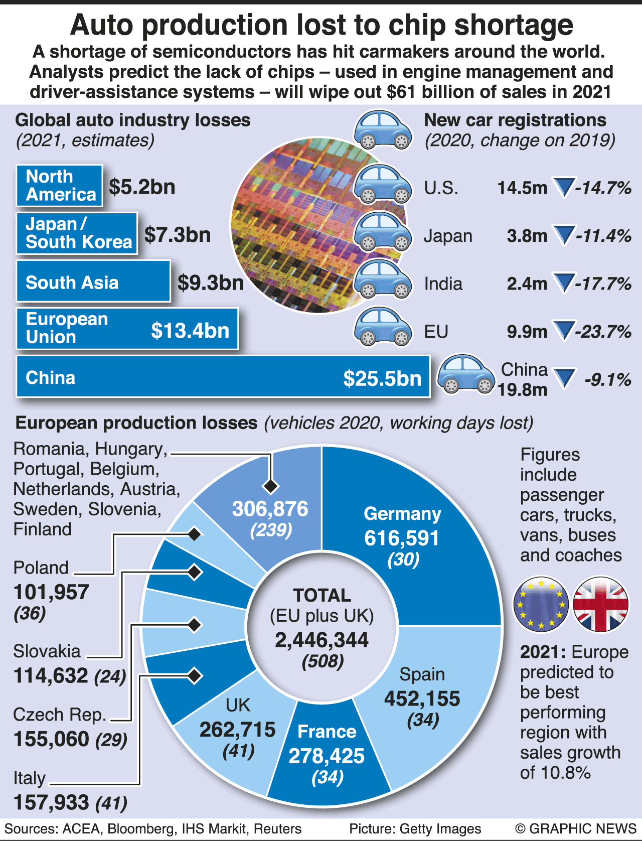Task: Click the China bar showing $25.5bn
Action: (223, 377)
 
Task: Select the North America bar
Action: (59, 186)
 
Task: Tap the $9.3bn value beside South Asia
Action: (211, 283)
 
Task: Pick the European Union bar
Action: (127, 329)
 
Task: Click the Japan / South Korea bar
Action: (77, 233)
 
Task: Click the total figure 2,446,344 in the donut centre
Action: (322, 640)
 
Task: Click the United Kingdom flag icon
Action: (600, 604)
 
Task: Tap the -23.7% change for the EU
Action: (603, 332)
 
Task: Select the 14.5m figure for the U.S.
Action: (522, 188)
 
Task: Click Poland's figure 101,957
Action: (51, 593)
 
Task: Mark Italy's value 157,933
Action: (51, 802)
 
